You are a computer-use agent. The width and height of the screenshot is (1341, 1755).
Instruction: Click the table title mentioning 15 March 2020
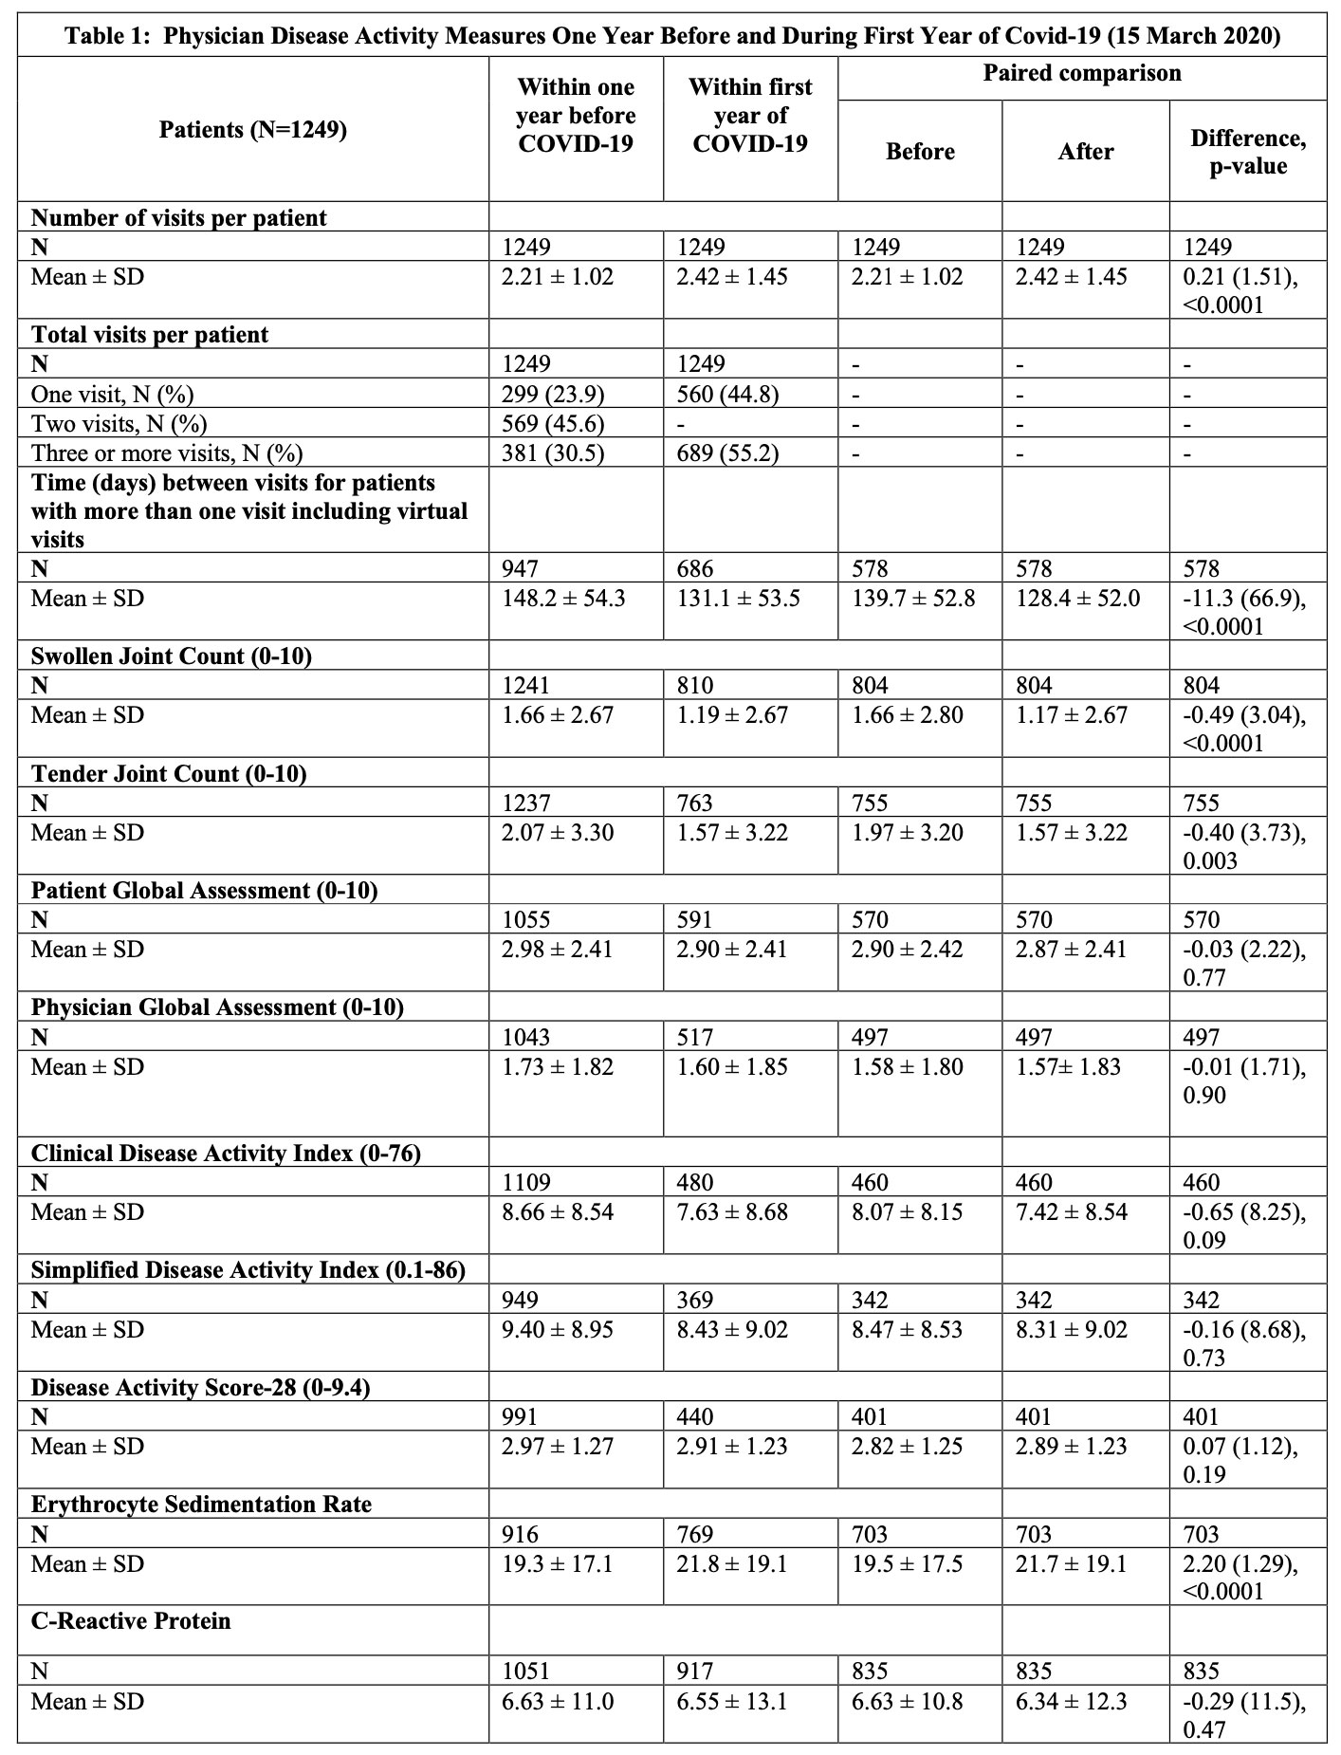click(x=671, y=36)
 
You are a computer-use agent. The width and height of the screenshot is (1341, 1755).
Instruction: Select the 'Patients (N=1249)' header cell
click(x=252, y=129)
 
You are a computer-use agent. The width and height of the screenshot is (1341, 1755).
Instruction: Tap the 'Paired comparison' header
click(x=1081, y=74)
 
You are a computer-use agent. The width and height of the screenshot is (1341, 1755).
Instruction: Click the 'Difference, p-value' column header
click(x=1248, y=152)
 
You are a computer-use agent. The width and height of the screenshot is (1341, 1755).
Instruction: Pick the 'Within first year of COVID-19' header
click(x=749, y=115)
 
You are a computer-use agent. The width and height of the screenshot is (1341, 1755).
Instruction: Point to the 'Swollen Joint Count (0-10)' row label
click(x=172, y=656)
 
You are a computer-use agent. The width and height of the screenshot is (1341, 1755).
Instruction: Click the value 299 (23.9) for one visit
click(x=553, y=394)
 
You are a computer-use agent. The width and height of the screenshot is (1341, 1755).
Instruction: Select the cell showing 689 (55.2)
click(x=727, y=453)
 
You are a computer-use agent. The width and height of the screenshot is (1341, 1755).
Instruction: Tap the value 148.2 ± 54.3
click(x=563, y=599)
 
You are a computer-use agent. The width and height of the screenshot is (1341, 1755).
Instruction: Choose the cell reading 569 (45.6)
click(x=553, y=423)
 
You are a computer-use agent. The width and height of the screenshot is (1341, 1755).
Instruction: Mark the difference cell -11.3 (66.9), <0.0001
click(x=1243, y=612)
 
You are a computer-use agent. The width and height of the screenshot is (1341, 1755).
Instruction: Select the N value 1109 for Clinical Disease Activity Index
click(x=526, y=1183)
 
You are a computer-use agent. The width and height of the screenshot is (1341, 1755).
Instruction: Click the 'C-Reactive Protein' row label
click(x=131, y=1621)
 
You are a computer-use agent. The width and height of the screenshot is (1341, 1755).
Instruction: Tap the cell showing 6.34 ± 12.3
click(x=1072, y=1702)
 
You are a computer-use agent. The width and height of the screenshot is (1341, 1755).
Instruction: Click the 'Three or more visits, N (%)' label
click(x=167, y=453)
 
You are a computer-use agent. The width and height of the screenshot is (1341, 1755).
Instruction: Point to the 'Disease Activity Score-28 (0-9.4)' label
click(x=200, y=1388)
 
